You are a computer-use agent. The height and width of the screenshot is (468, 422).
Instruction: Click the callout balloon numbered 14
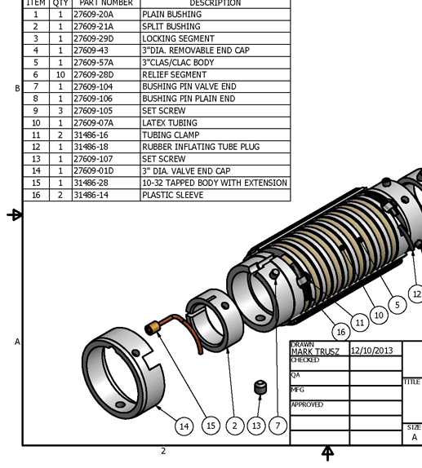point(184,426)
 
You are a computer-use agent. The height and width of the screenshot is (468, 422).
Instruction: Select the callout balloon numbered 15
point(211,426)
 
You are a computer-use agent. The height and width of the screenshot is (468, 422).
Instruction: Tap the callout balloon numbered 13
point(256,426)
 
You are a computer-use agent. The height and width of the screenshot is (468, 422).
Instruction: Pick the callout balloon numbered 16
point(341,331)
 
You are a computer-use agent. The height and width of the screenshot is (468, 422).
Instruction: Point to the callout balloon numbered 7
point(278,426)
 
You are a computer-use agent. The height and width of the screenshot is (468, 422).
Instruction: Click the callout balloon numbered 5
point(398,305)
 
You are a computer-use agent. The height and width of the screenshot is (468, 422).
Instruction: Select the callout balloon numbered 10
point(378,315)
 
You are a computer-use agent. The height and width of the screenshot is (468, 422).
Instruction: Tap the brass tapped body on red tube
point(151,328)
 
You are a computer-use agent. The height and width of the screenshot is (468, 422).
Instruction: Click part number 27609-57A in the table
point(93,63)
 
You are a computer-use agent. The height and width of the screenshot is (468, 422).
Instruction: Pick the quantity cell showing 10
point(60,75)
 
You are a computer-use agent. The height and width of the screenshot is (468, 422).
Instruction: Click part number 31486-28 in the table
point(91,183)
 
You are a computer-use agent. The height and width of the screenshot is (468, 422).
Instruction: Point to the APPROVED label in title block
point(307,405)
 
